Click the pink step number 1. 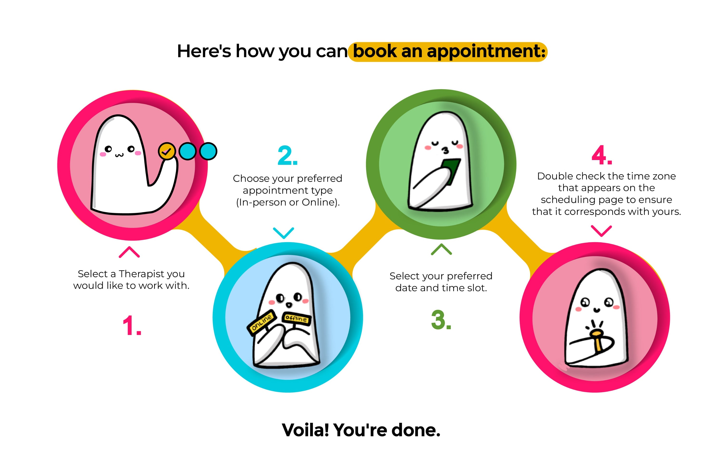[x=132, y=325]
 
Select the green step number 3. [x=441, y=320]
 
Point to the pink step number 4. [x=601, y=155]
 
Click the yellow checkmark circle [x=167, y=151]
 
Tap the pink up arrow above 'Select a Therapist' [x=129, y=252]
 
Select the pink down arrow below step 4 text [x=601, y=231]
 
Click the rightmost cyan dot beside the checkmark [x=208, y=151]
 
